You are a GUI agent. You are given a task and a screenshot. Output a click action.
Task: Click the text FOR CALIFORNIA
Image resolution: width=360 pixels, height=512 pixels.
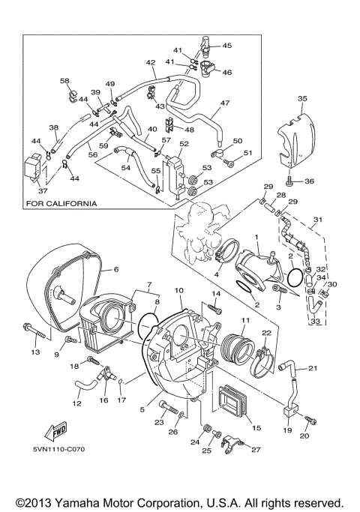[x=61, y=203]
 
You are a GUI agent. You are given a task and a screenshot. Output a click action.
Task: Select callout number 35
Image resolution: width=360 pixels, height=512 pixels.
[x=302, y=99]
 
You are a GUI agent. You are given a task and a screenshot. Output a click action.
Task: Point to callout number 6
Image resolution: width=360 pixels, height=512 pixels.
[x=116, y=270]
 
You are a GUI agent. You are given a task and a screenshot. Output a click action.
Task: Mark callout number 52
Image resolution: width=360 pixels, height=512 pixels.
[x=184, y=143]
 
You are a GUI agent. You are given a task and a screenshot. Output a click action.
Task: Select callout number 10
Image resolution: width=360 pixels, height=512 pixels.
[x=179, y=290]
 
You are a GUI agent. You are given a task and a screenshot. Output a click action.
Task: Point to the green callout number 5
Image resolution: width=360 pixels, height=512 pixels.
[x=142, y=410]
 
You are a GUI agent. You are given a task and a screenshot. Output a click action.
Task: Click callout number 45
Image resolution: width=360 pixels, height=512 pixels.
[x=226, y=46]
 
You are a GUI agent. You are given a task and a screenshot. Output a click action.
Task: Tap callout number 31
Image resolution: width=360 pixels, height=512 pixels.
[x=317, y=220]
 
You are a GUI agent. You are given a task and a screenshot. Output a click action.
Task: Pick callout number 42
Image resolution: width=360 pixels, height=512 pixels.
[x=151, y=63]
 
